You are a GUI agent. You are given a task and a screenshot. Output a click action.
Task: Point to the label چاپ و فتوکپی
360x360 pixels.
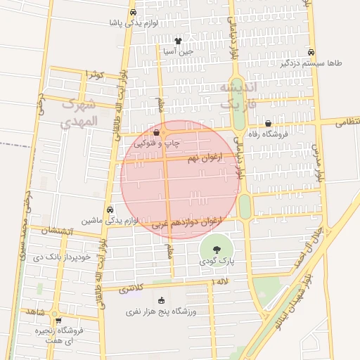click(158, 143)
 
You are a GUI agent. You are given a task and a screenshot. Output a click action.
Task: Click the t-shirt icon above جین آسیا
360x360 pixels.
click(178, 40)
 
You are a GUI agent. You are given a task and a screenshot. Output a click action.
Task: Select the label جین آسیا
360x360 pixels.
click(178, 51)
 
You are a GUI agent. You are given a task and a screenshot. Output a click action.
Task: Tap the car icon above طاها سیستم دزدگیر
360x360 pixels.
click(311, 51)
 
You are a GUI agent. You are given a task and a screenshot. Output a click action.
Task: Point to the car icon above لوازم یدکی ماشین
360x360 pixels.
click(110, 210)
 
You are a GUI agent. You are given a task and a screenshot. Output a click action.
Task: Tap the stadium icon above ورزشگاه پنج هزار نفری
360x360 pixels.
click(162, 300)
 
